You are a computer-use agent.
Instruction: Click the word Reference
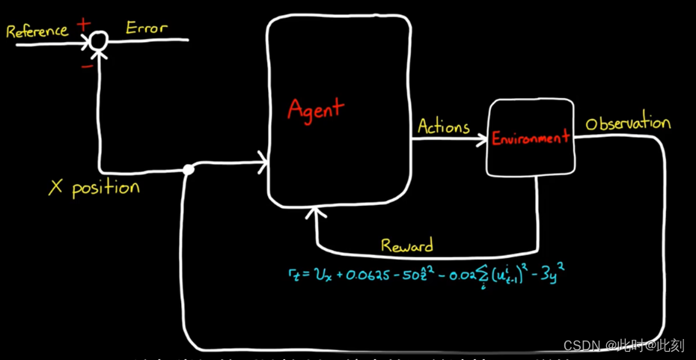(37, 31)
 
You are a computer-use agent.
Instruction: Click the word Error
(147, 28)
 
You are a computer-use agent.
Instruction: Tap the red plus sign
(83, 25)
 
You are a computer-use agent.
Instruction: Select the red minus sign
(87, 65)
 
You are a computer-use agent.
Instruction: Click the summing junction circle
(98, 43)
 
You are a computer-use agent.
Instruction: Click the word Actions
(443, 126)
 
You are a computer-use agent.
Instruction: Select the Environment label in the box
(531, 138)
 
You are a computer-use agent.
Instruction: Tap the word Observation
(628, 123)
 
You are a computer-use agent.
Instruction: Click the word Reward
(406, 245)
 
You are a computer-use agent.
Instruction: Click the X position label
(94, 186)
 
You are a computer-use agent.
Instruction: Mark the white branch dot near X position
(189, 170)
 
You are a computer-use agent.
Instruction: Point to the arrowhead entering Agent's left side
(262, 159)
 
